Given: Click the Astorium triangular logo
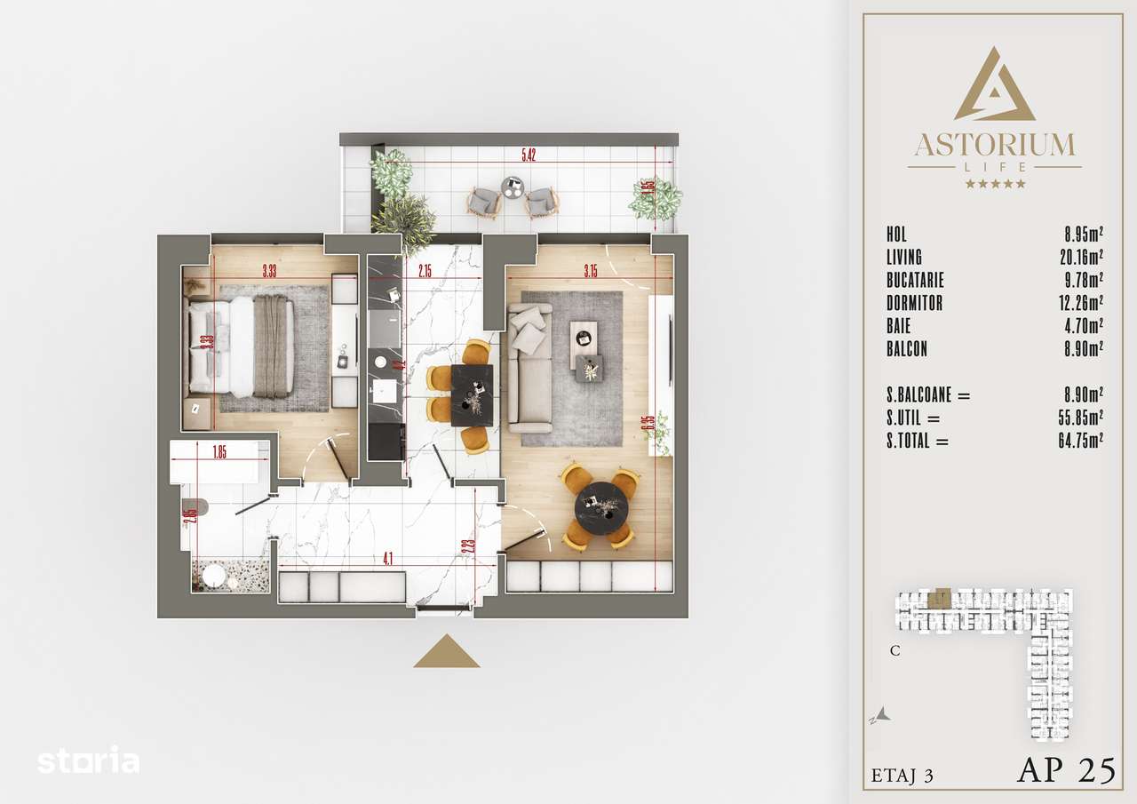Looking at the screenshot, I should coord(994,86).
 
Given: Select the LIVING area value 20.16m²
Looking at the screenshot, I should coord(1084,258).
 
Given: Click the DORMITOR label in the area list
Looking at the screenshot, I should coord(914,304).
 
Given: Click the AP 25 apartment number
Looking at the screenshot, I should coord(1065,770).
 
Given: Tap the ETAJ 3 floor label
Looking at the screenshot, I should coord(902,775).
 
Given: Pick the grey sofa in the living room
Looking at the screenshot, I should coord(529,367).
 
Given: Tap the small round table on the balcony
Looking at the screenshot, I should coord(513,187).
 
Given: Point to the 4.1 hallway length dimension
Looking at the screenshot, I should coord(387,559).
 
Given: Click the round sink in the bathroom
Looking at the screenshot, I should coord(214,577).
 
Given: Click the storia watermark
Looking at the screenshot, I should coord(88,760).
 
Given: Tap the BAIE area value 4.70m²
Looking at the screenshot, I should coord(1084,327).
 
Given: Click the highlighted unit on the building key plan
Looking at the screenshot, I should coord(938,598).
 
